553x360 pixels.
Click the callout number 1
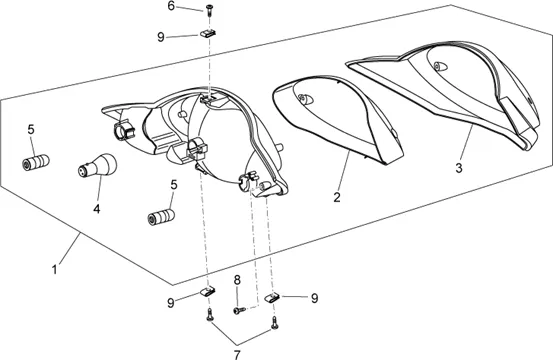[54, 270]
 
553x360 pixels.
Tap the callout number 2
[337, 197]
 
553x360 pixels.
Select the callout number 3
[458, 168]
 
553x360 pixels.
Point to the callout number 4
[97, 209]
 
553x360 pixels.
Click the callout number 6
[171, 6]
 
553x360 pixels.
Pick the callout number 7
[237, 354]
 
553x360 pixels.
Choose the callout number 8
[237, 280]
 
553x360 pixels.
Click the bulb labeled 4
[97, 165]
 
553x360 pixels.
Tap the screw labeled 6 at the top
[210, 10]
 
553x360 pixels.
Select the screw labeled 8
[239, 310]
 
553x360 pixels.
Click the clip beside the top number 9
[208, 33]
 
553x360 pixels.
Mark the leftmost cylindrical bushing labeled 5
[36, 162]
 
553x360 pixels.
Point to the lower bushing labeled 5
[161, 216]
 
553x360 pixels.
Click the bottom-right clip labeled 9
[272, 297]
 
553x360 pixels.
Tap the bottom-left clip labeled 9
[208, 291]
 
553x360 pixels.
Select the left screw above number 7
[210, 315]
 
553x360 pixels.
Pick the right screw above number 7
[275, 323]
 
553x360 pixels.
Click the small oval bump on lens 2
[305, 99]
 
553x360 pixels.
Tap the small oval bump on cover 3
[440, 66]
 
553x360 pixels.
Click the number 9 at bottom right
[314, 298]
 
